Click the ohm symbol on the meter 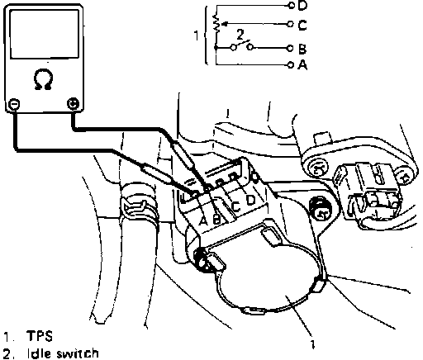[x=43, y=79]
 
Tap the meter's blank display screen [x=45, y=34]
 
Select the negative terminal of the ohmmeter [x=14, y=104]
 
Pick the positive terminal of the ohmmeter [x=73, y=104]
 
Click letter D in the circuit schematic [x=302, y=6]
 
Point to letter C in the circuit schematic [x=302, y=25]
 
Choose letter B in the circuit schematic [x=302, y=49]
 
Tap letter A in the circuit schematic [x=302, y=64]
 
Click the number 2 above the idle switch [x=240, y=35]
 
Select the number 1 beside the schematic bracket [x=197, y=36]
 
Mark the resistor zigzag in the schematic [x=216, y=23]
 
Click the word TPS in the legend [x=40, y=336]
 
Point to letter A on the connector [x=203, y=220]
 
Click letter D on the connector [x=251, y=200]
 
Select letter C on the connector [x=235, y=206]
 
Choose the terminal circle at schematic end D [x=291, y=5]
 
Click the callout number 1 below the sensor [x=312, y=344]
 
